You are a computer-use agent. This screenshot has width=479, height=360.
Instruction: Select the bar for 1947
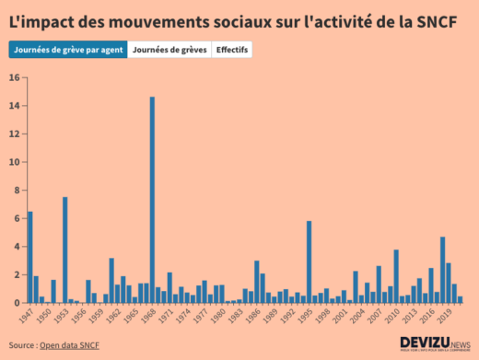(30, 257)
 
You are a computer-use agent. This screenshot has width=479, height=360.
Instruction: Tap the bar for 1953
(65, 250)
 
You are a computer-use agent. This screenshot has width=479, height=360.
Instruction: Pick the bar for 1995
(309, 261)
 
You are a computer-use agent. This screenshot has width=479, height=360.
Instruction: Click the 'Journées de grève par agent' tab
(68, 50)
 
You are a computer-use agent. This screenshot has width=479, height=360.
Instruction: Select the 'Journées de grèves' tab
(169, 50)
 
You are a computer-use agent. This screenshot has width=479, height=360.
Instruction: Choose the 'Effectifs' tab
(232, 50)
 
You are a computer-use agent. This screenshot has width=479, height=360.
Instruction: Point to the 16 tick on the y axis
(15, 77)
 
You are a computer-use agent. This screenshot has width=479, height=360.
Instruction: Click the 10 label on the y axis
(15, 162)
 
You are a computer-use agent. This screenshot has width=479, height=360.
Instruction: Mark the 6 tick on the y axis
(16, 218)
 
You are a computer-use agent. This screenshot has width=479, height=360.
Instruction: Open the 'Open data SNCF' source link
(69, 345)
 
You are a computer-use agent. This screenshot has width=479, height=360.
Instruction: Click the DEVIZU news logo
(435, 343)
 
